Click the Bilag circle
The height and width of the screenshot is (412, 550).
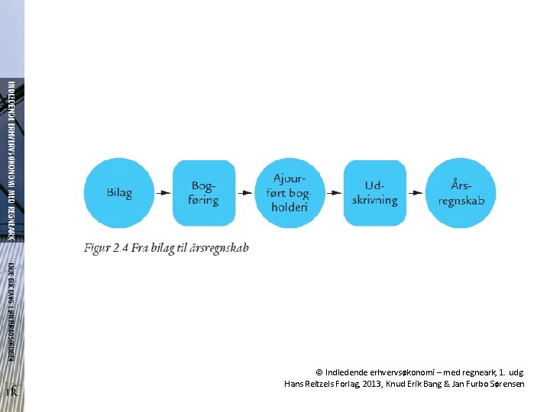pos(118,193)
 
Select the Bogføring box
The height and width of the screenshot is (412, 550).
pos(204,193)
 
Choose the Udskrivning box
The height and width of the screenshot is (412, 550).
pos(375,193)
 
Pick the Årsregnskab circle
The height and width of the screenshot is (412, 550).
pos(461,193)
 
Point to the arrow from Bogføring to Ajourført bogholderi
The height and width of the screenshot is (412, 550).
pos(247,193)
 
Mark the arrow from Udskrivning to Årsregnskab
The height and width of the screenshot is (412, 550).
pos(418,193)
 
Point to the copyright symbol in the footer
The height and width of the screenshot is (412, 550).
pos(319,372)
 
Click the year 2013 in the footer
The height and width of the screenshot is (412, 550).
pos(374,384)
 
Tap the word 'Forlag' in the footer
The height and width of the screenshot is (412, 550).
pos(342,384)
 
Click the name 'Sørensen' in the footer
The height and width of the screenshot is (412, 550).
pos(504,384)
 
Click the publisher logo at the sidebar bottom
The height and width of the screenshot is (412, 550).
pos(11,391)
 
